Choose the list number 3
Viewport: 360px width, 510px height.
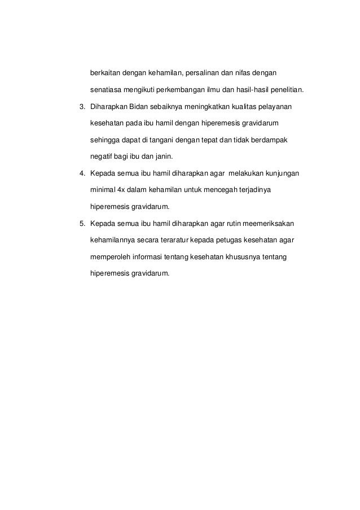[81, 106]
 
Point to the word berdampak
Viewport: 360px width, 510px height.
[271, 139]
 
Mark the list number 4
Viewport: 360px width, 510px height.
[81, 172]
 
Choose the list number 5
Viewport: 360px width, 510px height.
[81, 221]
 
